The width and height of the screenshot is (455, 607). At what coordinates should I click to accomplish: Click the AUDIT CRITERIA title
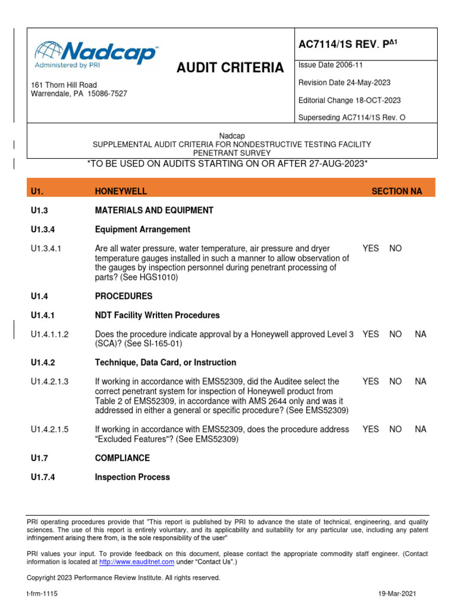230,68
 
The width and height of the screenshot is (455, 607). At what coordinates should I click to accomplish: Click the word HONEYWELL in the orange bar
121,191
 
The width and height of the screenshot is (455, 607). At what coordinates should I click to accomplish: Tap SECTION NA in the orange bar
396,191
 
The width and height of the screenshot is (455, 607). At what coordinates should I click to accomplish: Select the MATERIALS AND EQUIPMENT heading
154,210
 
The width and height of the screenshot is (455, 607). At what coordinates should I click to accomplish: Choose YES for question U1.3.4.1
370,249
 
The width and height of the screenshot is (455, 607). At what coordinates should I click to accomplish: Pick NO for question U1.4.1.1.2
395,334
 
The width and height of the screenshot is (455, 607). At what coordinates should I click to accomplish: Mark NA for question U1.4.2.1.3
421,382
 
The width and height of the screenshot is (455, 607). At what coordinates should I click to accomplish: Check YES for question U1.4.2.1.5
370,429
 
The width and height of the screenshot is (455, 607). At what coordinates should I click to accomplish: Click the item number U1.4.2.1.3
50,382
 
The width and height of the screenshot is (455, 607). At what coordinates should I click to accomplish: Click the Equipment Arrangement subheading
142,229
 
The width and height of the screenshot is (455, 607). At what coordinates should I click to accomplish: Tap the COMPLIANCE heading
122,458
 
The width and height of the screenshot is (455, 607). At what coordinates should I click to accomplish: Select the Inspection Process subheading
132,477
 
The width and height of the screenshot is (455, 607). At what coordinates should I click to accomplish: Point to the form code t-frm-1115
42,593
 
